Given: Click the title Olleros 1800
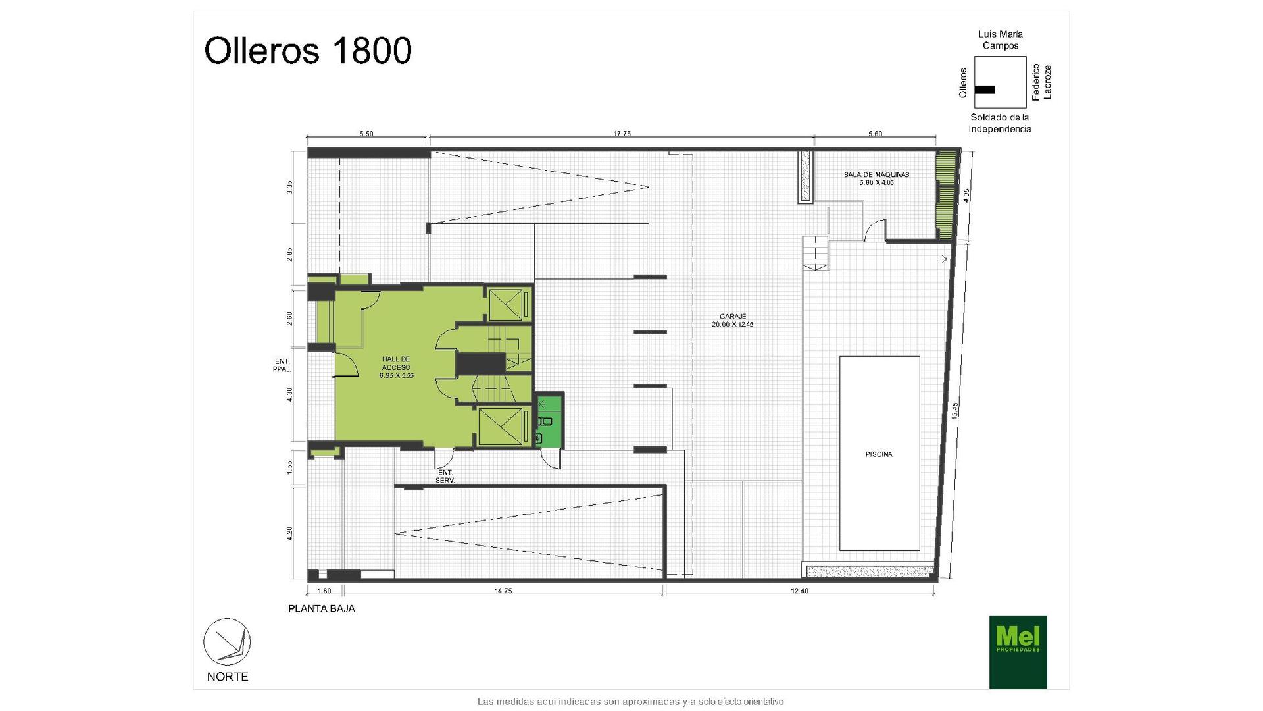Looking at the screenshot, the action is (308, 51).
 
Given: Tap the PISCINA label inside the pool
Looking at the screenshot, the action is (879, 454).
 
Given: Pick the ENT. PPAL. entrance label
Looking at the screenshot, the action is (282, 365).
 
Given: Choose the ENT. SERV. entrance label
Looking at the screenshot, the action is (445, 477).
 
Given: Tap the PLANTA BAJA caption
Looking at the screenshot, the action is (322, 609).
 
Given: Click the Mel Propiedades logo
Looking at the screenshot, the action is (1018, 652).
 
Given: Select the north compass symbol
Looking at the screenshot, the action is (227, 642).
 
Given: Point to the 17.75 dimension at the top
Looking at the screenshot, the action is (622, 134).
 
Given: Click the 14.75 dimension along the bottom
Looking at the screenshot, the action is (503, 591).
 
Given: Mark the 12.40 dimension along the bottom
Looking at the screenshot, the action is (799, 591).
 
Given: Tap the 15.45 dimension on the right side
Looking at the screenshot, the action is (955, 411).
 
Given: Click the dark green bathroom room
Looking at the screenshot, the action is (549, 420).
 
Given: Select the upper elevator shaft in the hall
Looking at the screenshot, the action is (508, 304).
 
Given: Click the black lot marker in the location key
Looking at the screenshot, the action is (985, 90).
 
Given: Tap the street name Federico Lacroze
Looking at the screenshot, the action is (1041, 82).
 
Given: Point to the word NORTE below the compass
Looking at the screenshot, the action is (228, 677).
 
